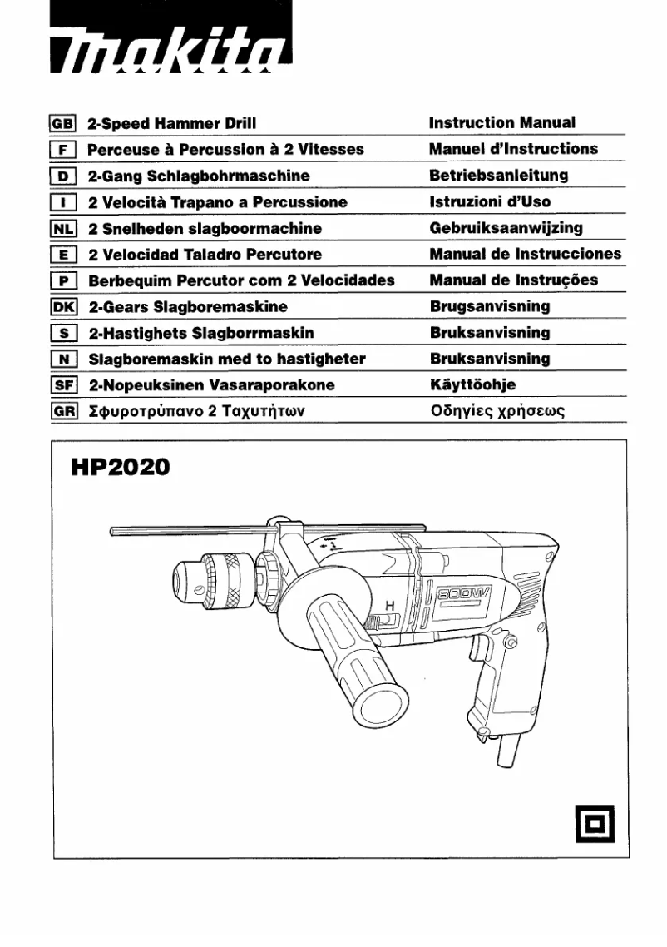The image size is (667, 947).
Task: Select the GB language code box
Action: click(64, 123)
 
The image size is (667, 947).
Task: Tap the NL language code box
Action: click(64, 228)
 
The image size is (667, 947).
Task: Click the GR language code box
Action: click(64, 411)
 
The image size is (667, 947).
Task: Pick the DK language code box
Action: click(64, 306)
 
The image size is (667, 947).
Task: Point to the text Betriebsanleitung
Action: click(498, 176)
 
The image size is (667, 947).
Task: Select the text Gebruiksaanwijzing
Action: click(506, 228)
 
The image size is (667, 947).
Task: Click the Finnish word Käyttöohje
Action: click(472, 385)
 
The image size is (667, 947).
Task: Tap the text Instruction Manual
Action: click(501, 123)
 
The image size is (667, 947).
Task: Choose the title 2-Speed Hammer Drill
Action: click(172, 123)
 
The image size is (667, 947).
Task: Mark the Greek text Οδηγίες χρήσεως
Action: click(497, 412)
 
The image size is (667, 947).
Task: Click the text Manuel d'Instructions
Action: click(513, 149)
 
